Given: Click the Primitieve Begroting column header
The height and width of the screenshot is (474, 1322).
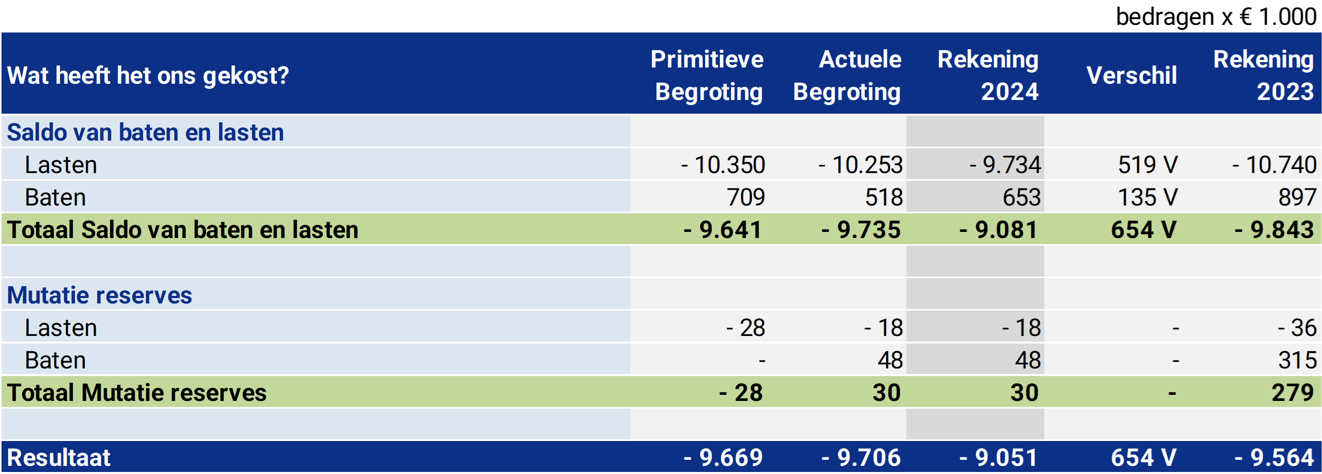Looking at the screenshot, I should click(708, 75).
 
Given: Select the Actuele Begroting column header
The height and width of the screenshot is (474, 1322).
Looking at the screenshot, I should click(848, 75).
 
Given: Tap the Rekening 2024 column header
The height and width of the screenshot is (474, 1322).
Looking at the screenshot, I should click(988, 75).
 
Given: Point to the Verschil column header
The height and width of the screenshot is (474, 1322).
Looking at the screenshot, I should click(1131, 76).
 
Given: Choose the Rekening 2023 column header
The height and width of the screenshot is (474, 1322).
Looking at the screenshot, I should click(1264, 75).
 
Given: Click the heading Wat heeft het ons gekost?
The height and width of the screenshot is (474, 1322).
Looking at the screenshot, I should click(148, 76).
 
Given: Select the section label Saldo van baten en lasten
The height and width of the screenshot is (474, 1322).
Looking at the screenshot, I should click(145, 132).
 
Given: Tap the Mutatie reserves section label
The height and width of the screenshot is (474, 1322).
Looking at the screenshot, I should click(99, 295).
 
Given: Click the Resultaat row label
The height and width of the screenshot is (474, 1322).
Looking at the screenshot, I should click(58, 458).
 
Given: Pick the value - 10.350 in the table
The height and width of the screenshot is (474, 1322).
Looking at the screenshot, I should click(723, 165).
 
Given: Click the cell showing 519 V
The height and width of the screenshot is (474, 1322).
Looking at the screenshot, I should click(1148, 165).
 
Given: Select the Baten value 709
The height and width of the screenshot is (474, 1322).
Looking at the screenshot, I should click(746, 197).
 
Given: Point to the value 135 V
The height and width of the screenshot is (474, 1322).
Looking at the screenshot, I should click(1148, 197).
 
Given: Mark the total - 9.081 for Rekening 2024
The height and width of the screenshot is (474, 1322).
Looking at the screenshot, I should click(999, 229).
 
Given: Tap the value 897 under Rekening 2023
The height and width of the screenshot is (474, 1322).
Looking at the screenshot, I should click(1297, 197).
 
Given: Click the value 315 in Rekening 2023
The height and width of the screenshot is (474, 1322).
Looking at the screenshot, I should click(1297, 360).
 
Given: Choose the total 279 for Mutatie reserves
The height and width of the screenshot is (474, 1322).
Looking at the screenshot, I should click(1292, 393).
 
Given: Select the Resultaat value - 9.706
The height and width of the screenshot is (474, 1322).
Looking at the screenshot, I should click(861, 458).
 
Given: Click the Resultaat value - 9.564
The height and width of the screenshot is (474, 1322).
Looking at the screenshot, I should click(1275, 458).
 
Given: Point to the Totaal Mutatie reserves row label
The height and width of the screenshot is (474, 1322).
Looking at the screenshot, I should click(136, 393).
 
